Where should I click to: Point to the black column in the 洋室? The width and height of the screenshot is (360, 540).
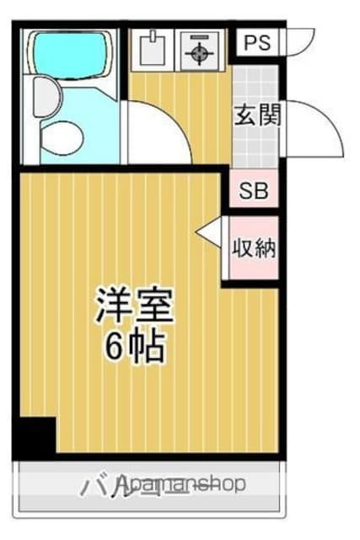pos(35,438)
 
